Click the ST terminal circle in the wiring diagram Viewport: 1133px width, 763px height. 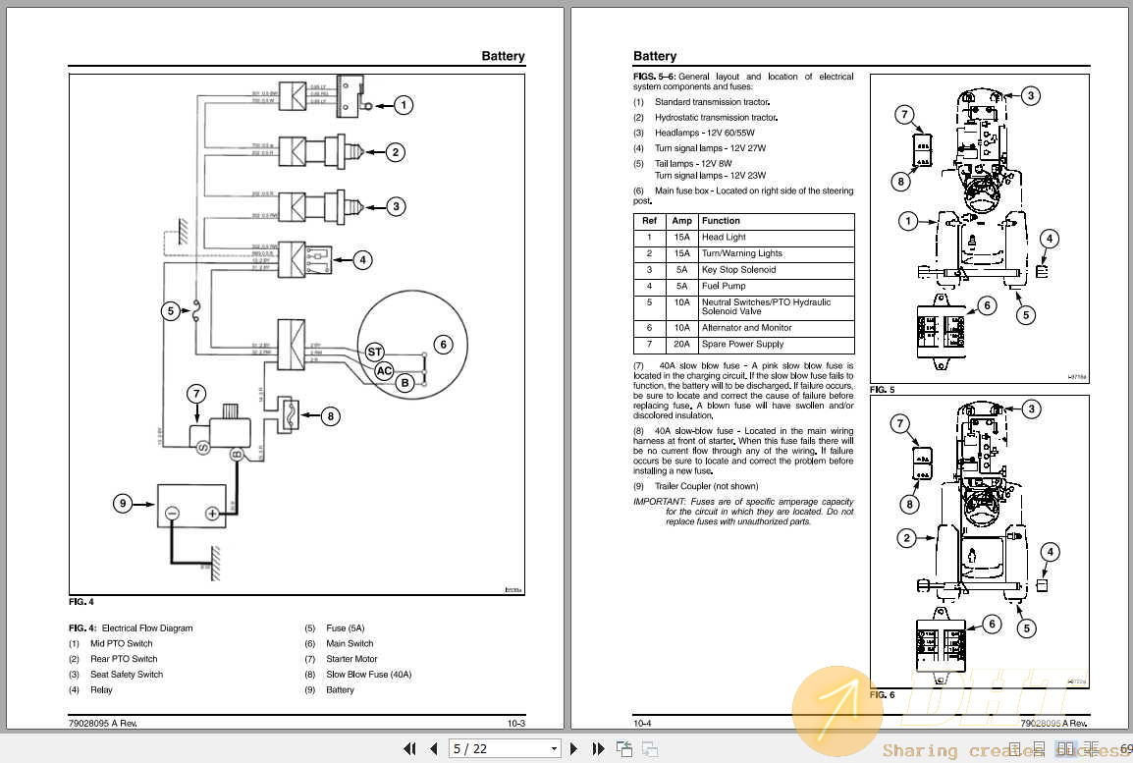click(x=374, y=352)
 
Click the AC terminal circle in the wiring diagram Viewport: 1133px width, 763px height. click(x=385, y=370)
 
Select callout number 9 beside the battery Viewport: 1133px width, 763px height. click(x=123, y=504)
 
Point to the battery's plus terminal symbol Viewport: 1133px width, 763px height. click(x=211, y=514)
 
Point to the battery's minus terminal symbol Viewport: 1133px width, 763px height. click(x=172, y=514)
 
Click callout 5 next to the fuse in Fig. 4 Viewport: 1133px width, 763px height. click(x=170, y=311)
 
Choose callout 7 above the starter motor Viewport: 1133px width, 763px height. click(x=196, y=395)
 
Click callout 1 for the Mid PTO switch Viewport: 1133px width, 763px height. click(x=404, y=105)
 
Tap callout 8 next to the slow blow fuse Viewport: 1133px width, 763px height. click(x=331, y=416)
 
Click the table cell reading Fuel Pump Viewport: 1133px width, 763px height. click(x=724, y=286)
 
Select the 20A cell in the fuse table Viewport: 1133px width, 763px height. click(x=681, y=345)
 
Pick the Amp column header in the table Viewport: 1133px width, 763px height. click(x=681, y=221)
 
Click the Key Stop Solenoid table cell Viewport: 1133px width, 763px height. click(x=738, y=270)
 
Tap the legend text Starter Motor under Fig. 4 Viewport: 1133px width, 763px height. click(x=351, y=659)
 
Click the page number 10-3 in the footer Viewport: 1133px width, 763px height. click(x=516, y=724)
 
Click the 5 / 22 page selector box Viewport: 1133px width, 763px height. click(x=505, y=749)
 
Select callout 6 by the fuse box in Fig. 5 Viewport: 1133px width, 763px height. click(x=988, y=305)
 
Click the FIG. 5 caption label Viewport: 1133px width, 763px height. click(x=882, y=390)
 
